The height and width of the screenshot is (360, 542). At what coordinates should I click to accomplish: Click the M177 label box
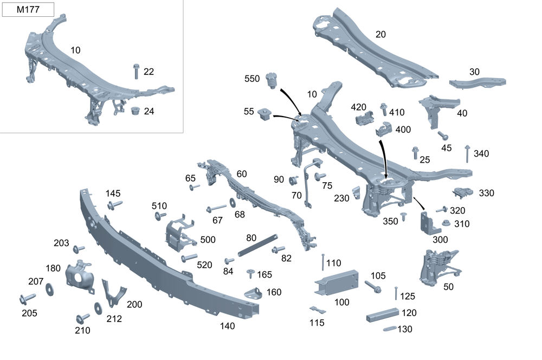[28, 9]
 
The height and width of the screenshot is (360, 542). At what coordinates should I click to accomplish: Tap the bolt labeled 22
[135, 71]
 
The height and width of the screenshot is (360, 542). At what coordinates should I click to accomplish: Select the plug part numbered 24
[135, 111]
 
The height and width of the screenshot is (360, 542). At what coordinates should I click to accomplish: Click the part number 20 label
[380, 34]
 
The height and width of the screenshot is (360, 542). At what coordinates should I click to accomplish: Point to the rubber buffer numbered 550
[273, 81]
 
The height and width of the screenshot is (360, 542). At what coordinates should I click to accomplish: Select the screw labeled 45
[442, 134]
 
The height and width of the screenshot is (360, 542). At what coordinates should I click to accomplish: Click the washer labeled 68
[233, 203]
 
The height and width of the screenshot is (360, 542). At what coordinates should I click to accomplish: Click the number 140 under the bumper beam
[228, 326]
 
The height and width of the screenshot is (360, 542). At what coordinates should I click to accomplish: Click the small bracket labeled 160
[253, 293]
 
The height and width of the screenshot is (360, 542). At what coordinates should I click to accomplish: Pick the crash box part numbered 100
[335, 282]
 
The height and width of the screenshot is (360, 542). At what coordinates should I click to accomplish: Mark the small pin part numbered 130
[389, 329]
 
